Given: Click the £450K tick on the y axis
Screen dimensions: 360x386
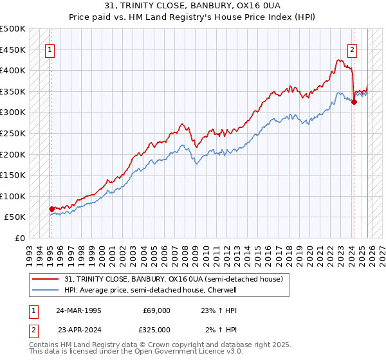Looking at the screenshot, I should [13, 50].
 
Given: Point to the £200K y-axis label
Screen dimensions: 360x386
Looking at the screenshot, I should [13, 154].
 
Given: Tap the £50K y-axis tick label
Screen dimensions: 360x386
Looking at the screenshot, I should [15, 217].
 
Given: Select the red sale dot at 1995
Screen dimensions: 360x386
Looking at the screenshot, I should [51, 209].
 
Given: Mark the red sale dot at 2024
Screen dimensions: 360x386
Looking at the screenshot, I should [354, 102].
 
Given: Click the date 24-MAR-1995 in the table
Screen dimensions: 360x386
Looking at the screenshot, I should [78, 310].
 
